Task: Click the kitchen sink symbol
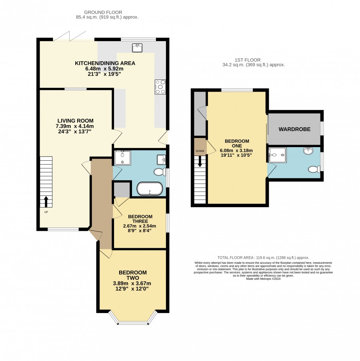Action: [137, 48]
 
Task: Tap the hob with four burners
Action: [160, 87]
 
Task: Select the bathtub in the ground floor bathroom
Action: [150, 189]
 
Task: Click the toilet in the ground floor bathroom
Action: [160, 172]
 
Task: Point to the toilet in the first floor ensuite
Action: [314, 169]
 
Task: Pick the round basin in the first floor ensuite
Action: [308, 151]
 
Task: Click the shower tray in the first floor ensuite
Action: [278, 155]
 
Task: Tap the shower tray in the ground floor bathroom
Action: [122, 158]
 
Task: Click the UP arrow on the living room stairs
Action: [46, 201]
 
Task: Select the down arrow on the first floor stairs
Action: [200, 162]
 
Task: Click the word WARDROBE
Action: [294, 129]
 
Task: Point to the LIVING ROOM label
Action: [76, 121]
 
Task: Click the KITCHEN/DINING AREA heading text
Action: [105, 63]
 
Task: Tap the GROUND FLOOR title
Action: [103, 12]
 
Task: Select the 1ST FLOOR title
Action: [248, 60]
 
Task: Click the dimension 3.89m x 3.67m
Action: [132, 283]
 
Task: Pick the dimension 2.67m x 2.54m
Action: [140, 226]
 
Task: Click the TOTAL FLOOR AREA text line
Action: [263, 258]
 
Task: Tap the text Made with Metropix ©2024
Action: [263, 279]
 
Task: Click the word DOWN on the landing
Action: [200, 151]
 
